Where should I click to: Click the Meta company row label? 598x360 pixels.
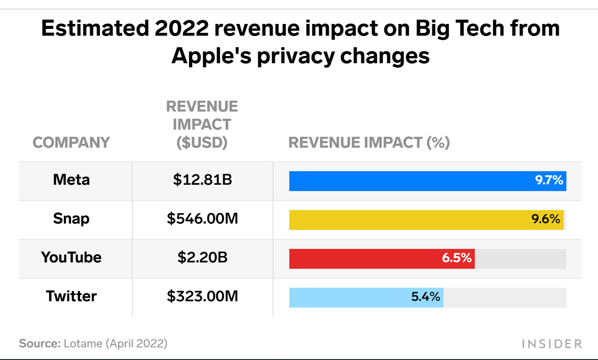coord(71,180)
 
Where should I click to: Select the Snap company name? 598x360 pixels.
coord(71,219)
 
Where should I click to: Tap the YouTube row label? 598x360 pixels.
coord(71,257)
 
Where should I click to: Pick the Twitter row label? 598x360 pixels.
coord(71,296)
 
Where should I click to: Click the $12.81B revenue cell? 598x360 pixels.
coord(202,180)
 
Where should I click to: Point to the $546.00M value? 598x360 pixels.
coord(202,219)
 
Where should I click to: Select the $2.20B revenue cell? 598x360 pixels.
coord(202,257)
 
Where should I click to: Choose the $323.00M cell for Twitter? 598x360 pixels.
coord(202,296)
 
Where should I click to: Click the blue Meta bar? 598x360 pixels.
coord(406,181)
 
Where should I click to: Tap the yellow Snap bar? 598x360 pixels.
coord(406,220)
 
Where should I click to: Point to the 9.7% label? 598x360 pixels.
coord(549,181)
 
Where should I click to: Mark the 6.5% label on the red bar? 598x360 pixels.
coord(457,258)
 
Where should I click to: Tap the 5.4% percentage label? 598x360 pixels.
coord(426,297)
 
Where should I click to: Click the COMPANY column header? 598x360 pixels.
coord(71,143)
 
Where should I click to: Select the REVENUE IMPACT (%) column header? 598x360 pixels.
coord(369,143)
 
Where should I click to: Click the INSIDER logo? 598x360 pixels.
coord(552,344)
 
